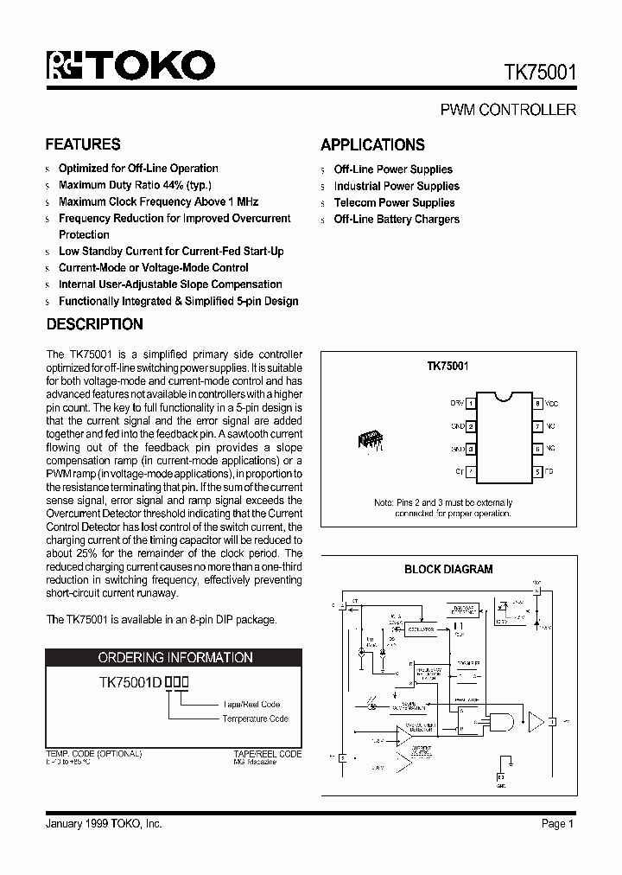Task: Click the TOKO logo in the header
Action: coord(130,66)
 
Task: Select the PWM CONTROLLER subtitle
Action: coord(508,110)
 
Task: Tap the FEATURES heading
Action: coord(83,144)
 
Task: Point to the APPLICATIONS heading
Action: coord(372,145)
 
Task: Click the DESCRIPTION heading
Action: coord(94,324)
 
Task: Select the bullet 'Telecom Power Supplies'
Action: coord(394,202)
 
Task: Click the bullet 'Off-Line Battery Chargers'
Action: coord(397,219)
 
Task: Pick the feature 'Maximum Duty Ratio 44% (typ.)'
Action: coord(135,185)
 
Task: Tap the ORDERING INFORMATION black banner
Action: coord(175,658)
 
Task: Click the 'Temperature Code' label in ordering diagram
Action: coord(255,719)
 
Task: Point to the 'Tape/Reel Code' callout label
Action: coord(251,704)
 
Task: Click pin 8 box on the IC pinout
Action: coord(537,404)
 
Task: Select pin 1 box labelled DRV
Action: coord(472,404)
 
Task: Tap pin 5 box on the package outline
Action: coord(537,472)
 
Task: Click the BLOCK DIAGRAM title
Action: coord(448,569)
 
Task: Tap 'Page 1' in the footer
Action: coord(557,824)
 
